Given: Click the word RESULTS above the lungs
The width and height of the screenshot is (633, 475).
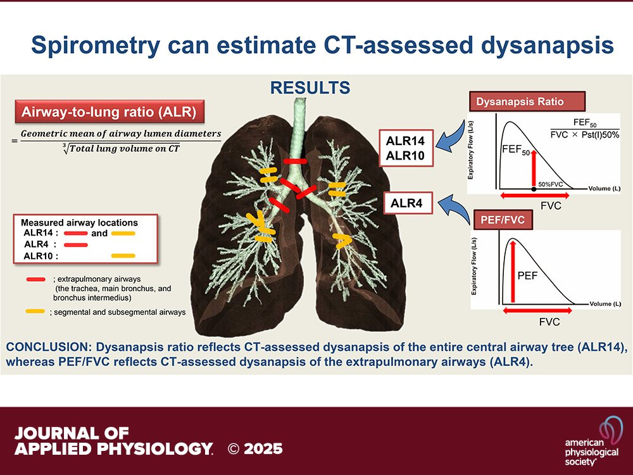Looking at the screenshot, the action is point(310,87).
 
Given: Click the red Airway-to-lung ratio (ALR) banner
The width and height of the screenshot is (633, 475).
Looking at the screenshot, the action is point(110,111).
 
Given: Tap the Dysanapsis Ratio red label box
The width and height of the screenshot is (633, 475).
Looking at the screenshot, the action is point(527,101).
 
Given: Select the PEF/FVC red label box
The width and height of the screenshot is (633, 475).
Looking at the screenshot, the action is point(503,220).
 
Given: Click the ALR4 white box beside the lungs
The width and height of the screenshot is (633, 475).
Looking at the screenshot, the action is point(406,203).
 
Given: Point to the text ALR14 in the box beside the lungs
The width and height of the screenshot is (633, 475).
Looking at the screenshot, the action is point(405,141).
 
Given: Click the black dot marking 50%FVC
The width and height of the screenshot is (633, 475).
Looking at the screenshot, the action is point(534,189).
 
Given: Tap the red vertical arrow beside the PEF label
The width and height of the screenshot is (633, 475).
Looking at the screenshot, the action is point(513,270).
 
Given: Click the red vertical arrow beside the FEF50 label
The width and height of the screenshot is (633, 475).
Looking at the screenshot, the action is point(534,168).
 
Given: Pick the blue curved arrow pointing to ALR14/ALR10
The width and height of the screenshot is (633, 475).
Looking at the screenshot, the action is point(451,137).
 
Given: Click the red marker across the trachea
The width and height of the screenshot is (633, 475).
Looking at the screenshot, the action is point(295,161).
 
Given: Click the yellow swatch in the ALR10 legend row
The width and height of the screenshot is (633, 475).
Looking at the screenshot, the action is point(123,256).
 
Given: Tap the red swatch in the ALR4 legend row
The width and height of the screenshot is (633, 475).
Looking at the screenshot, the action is point(76,244).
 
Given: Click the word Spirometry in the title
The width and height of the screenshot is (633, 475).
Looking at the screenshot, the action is point(96,46).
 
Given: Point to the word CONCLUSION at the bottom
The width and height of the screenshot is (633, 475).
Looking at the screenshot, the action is point(48,347).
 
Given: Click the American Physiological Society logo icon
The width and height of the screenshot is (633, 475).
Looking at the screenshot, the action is point(611,431).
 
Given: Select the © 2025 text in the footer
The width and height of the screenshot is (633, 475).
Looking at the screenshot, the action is point(254,449).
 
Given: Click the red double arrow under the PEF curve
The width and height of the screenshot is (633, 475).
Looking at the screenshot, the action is point(537,310).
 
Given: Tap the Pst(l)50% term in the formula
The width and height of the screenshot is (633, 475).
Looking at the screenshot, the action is point(600,135).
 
